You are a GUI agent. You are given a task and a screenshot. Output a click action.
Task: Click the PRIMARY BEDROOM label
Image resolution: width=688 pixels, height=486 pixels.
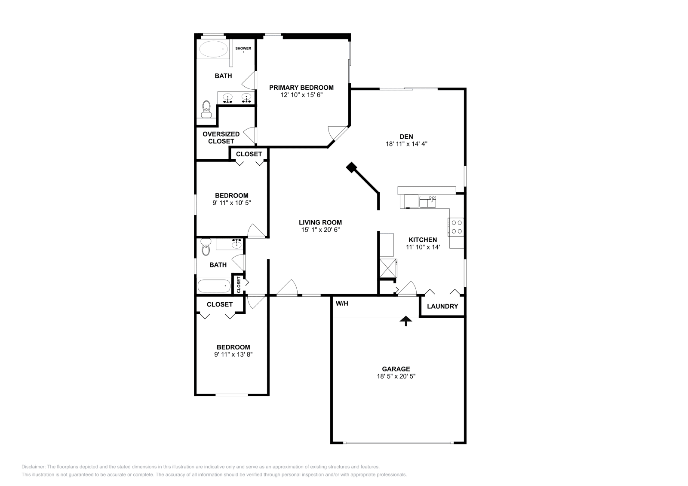[301, 88]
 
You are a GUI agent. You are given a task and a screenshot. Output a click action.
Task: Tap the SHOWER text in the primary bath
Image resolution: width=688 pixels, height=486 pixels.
[243, 49]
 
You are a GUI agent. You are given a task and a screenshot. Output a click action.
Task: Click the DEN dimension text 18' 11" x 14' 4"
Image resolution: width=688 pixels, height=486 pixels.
[406, 144]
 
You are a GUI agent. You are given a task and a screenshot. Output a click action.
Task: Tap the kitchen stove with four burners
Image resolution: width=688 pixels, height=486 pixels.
[456, 227]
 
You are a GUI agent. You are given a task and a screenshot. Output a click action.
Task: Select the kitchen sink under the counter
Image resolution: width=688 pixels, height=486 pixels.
[428, 201]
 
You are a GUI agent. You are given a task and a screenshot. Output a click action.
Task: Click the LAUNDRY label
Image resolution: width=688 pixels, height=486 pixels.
[442, 307]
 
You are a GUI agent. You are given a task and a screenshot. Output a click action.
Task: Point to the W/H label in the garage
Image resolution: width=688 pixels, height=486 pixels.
[342, 304]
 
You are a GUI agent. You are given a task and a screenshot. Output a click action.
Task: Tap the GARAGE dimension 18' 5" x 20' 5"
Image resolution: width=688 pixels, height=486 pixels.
[396, 376]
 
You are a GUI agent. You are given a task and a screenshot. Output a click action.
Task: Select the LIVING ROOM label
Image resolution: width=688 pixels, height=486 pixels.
[320, 222]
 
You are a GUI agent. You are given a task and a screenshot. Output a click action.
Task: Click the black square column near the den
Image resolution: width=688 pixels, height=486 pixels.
[352, 167]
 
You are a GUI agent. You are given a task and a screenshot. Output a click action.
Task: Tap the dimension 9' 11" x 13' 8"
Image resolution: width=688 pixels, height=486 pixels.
[233, 355]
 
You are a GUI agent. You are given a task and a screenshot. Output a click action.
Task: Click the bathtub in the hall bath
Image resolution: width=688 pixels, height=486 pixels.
[214, 285]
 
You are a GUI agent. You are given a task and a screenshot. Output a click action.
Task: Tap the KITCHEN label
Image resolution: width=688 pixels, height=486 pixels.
[423, 240]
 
